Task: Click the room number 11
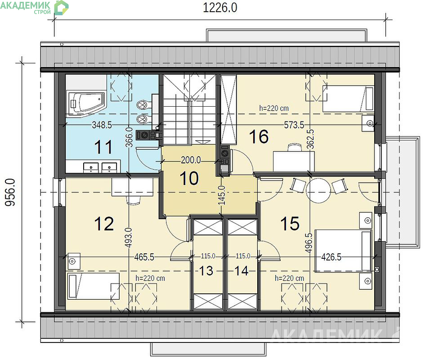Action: [x=103, y=147]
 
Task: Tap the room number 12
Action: [x=104, y=224]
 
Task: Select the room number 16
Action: [x=259, y=136]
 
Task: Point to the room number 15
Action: [x=290, y=224]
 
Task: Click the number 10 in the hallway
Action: [x=189, y=179]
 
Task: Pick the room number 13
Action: [x=206, y=270]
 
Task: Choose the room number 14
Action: [x=241, y=270]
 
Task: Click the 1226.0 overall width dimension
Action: [x=220, y=8]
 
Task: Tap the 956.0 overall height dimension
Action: [x=10, y=192]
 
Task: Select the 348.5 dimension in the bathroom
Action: [x=102, y=125]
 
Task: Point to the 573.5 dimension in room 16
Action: [x=294, y=125]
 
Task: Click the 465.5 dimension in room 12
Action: [x=144, y=257]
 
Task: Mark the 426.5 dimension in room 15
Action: [x=331, y=256]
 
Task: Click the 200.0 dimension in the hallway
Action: [x=191, y=160]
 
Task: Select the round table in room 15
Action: [x=318, y=190]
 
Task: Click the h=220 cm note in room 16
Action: [x=274, y=108]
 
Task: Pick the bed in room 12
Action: [x=94, y=286]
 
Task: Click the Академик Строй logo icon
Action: [x=61, y=7]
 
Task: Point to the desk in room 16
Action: [x=294, y=161]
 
